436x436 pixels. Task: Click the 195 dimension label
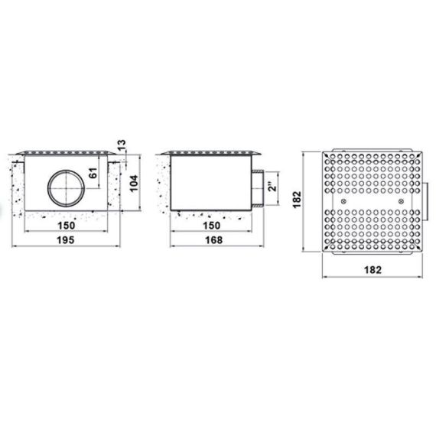point(66,240)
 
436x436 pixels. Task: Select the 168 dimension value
point(214,240)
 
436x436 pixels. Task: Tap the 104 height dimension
point(135,184)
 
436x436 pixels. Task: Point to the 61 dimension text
point(94,173)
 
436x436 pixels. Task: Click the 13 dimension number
point(122,145)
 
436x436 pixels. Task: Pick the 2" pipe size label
point(273,186)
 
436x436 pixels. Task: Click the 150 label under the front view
point(67,226)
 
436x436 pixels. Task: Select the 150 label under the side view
point(212,226)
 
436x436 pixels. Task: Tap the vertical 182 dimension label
point(297,200)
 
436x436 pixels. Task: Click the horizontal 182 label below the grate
point(373,270)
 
